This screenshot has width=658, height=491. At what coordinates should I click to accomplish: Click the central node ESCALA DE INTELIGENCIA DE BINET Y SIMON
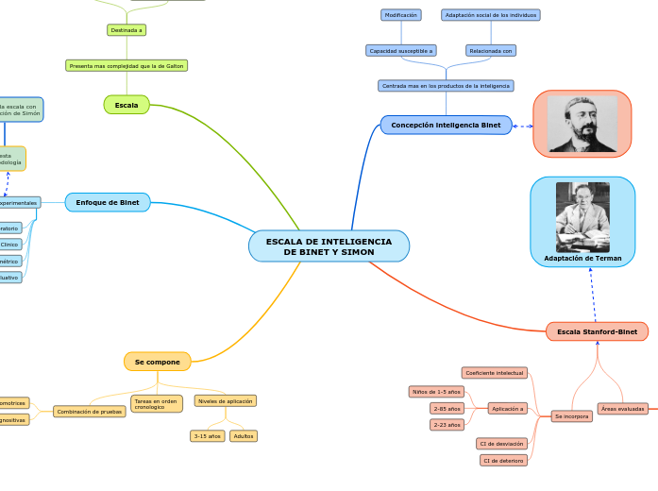(329, 246)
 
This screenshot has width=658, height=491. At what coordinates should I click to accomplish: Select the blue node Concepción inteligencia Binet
(446, 125)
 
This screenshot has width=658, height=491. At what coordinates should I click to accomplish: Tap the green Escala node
(127, 105)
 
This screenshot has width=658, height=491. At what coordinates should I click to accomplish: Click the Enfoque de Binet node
(108, 202)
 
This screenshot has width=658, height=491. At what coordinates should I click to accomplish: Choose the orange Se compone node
(157, 362)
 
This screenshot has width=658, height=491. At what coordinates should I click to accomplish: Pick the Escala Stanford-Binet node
(597, 331)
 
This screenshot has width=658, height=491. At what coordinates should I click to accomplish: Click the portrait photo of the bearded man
(582, 124)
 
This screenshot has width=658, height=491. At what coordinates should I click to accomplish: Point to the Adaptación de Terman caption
(582, 258)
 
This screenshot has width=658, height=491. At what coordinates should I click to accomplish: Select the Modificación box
(400, 15)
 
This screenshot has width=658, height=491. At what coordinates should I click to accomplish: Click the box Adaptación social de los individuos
(491, 15)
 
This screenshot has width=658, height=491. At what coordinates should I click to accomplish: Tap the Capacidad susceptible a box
(401, 50)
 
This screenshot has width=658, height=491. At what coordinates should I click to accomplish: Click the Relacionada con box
(491, 50)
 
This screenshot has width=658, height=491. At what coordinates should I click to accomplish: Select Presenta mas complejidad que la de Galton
(127, 65)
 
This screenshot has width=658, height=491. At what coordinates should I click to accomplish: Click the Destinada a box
(127, 30)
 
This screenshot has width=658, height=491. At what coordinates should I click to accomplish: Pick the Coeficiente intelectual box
(495, 373)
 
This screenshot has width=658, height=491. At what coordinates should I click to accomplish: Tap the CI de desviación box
(501, 443)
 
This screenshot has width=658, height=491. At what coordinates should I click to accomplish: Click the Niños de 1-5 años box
(435, 391)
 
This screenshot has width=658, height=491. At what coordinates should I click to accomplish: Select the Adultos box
(244, 436)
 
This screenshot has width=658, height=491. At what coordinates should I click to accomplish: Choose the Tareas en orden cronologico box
(157, 403)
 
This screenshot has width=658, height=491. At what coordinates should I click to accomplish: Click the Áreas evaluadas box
(622, 409)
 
